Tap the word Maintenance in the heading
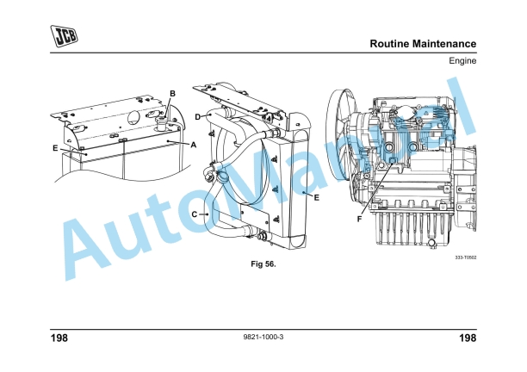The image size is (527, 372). (447, 43)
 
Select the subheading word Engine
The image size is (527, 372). (462, 62)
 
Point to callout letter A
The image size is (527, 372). (193, 145)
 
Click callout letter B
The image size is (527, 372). (172, 93)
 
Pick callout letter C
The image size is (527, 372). (194, 214)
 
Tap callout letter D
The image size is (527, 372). (197, 116)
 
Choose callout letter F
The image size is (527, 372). (359, 219)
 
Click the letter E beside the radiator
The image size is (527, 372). (317, 197)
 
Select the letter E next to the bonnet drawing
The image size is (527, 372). (55, 148)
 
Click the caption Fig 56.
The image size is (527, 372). (263, 263)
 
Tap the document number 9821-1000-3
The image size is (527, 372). (263, 337)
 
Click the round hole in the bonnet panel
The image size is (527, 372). (135, 114)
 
